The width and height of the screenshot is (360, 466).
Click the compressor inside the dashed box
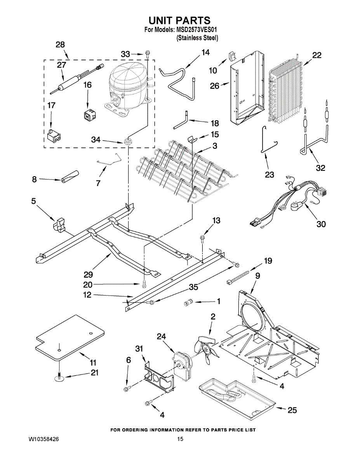coord(127,87)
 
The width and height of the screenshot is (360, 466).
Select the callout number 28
coord(60,45)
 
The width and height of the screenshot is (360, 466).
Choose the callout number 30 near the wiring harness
coord(321,224)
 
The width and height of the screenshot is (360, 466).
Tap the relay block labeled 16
coord(90,115)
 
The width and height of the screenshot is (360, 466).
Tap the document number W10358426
coord(43,439)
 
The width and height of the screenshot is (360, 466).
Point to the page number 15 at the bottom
coord(180,439)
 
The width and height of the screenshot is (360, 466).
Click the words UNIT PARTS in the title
coord(179,20)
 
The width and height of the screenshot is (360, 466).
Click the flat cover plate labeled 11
coord(70,336)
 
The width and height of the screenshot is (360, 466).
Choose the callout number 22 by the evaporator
coord(317,56)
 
